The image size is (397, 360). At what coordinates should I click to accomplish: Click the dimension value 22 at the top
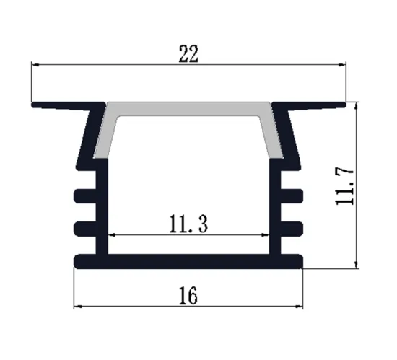pos(188,55)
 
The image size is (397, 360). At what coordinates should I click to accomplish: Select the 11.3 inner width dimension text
pos(188,226)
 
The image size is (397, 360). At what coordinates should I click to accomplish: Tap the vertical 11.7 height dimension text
pos(345,186)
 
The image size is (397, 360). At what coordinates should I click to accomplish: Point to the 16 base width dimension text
pos(188,296)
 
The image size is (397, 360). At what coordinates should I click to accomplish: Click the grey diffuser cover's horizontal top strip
pos(189,107)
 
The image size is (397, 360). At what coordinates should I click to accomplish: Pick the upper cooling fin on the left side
pos(86,195)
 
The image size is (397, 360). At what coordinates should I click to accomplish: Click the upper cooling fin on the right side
pos(290,195)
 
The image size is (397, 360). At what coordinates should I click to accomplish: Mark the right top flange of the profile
pos(313,105)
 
